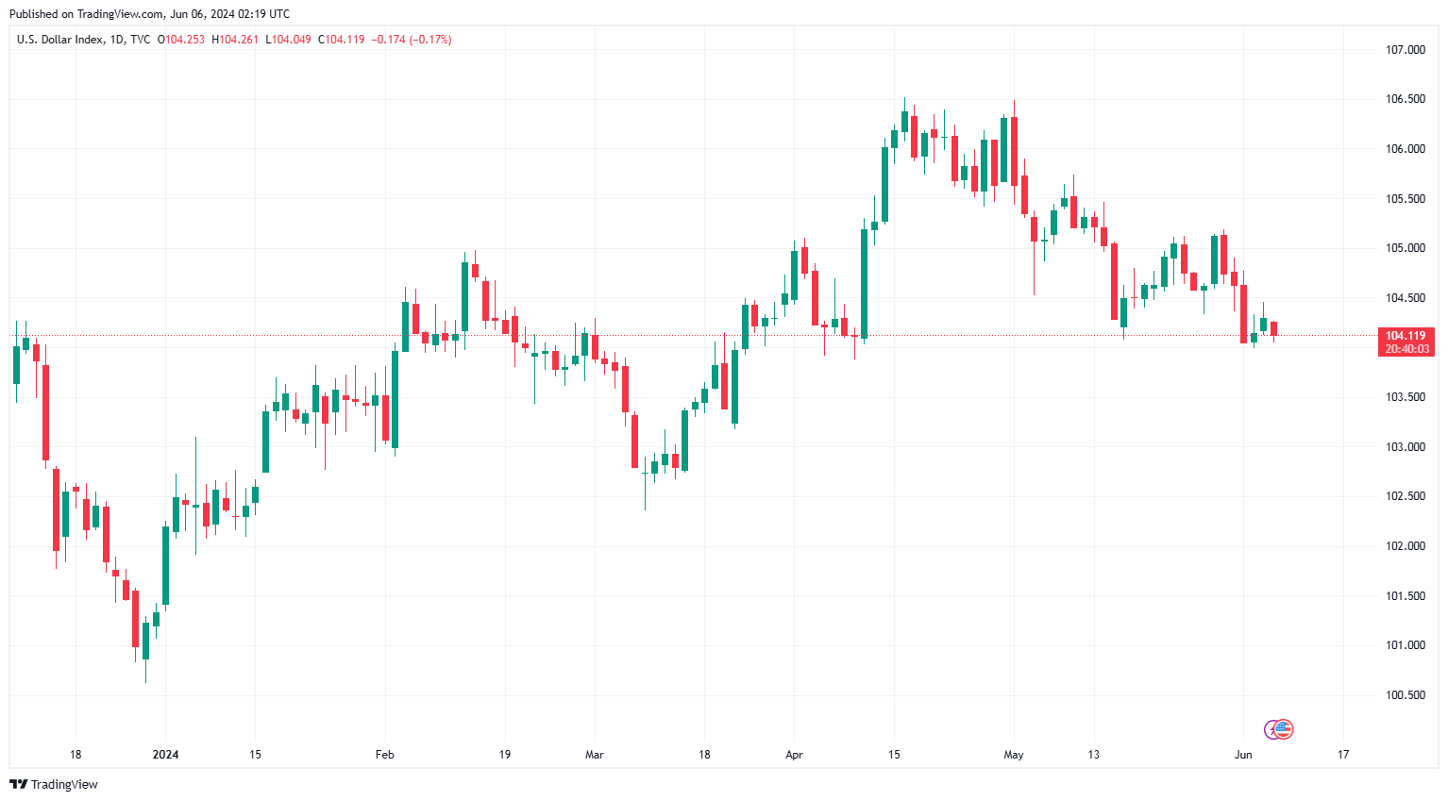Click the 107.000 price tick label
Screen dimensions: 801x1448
pyautogui.click(x=1405, y=50)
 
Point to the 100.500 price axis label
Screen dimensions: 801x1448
pyautogui.click(x=1405, y=695)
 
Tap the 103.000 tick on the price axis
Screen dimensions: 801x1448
pyautogui.click(x=1405, y=447)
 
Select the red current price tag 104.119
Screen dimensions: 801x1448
pyautogui.click(x=1406, y=342)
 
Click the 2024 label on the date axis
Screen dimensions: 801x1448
pyautogui.click(x=165, y=755)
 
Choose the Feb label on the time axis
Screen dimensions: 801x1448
pyautogui.click(x=384, y=755)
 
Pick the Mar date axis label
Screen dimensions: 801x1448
pyautogui.click(x=594, y=755)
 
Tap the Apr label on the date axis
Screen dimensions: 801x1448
pyautogui.click(x=794, y=755)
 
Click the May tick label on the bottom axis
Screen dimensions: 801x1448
pyautogui.click(x=1014, y=755)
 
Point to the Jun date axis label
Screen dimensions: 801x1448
pyautogui.click(x=1243, y=755)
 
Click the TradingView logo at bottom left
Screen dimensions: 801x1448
pyautogui.click(x=54, y=784)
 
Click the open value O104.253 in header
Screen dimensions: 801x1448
pyautogui.click(x=180, y=40)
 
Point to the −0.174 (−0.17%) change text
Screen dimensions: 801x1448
pyautogui.click(x=411, y=40)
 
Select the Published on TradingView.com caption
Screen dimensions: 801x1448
pyautogui.click(x=149, y=14)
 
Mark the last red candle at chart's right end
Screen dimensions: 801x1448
pyautogui.click(x=1273, y=328)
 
